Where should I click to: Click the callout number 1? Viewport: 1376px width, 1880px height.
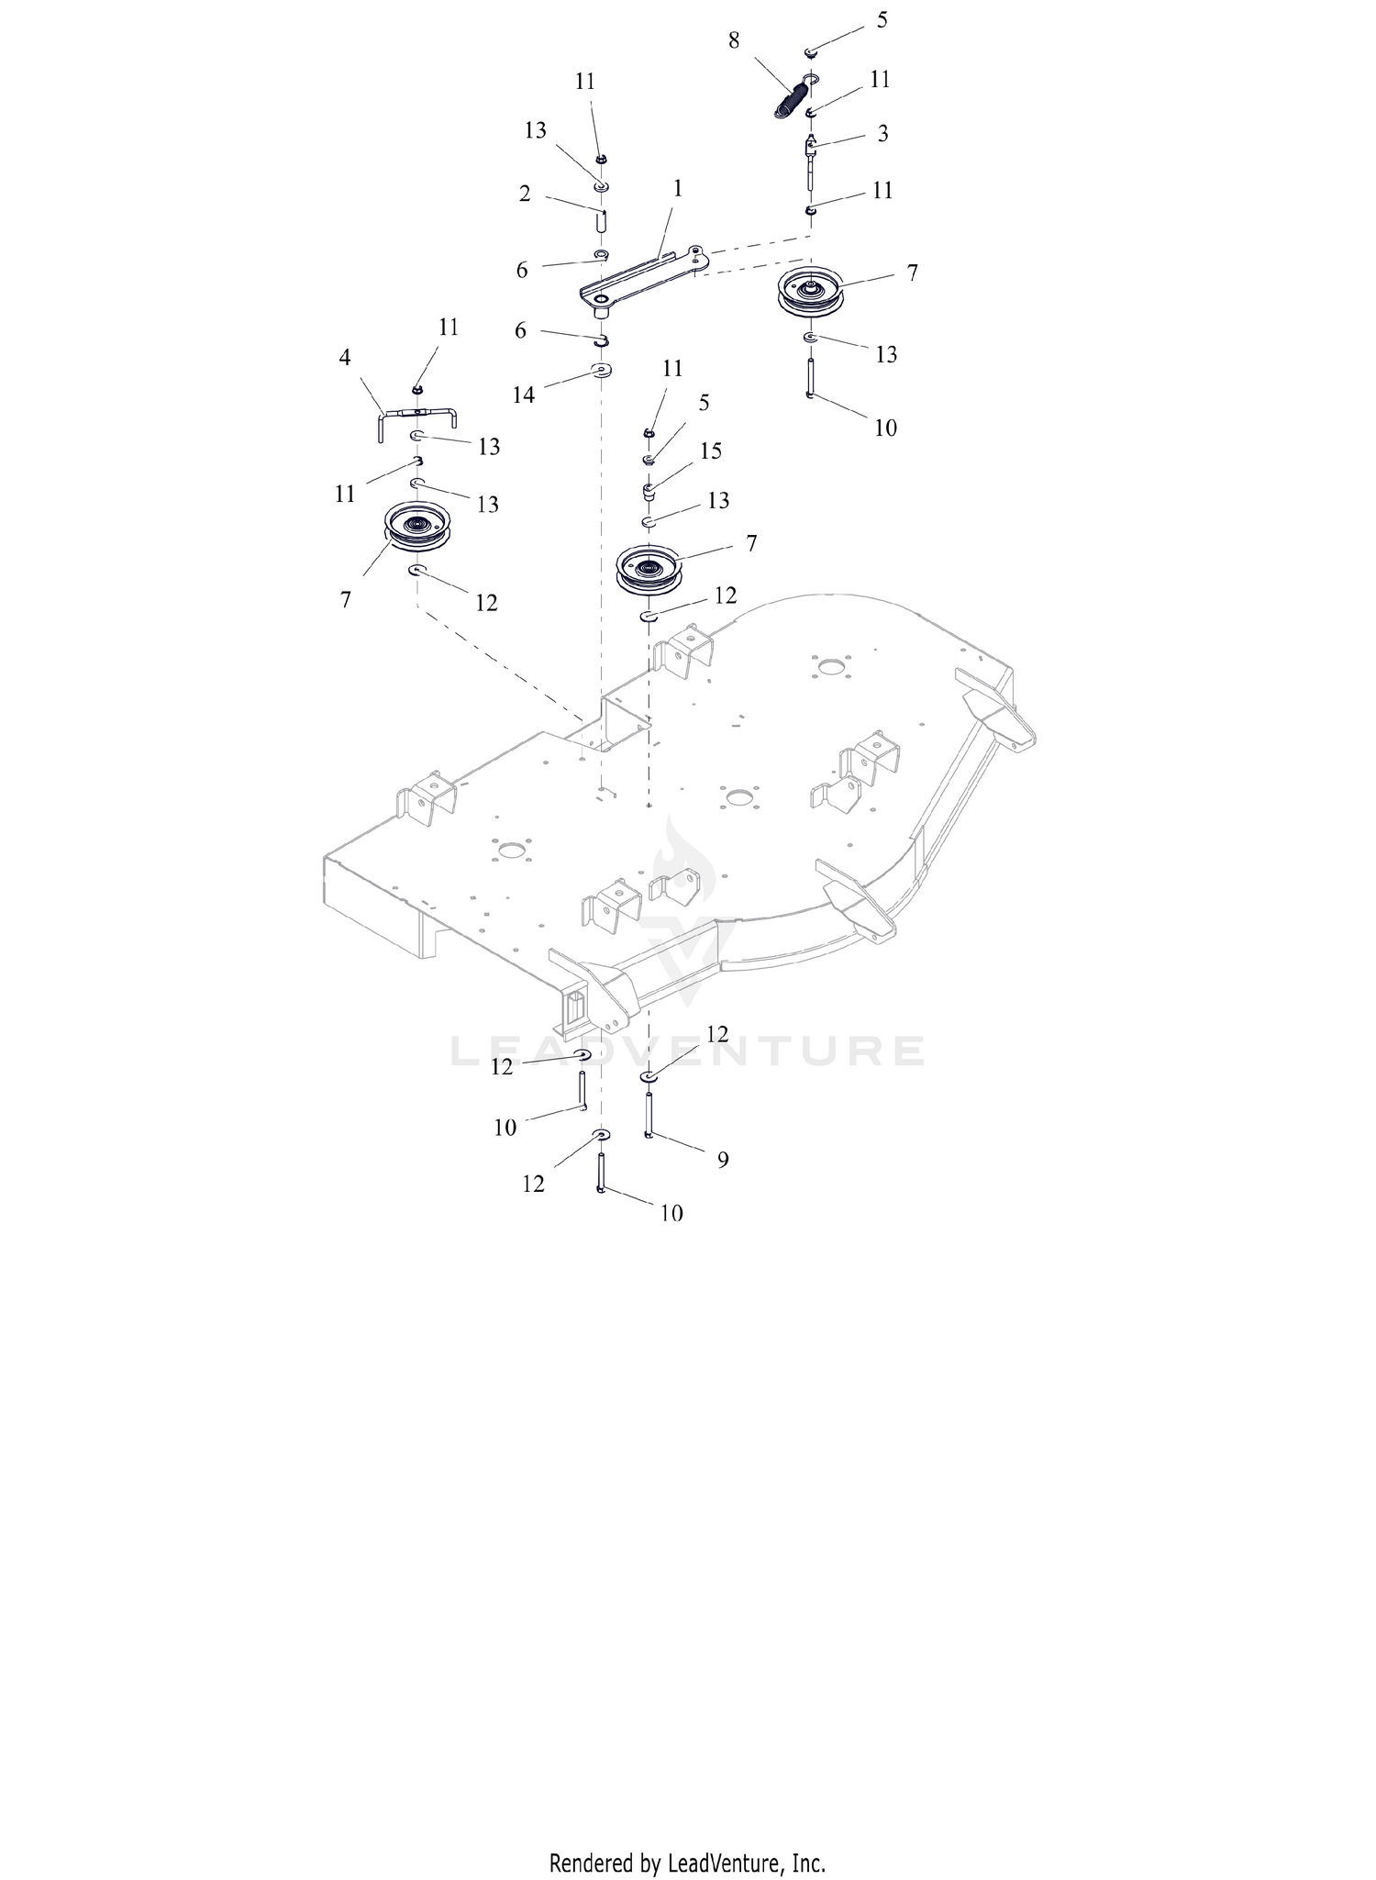click(678, 188)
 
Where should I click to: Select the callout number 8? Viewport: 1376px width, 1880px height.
click(735, 40)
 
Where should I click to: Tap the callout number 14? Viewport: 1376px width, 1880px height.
click(524, 395)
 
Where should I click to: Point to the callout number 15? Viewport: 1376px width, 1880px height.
click(711, 451)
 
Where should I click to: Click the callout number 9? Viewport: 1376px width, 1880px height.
click(723, 1160)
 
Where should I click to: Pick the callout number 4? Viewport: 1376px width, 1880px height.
click(345, 357)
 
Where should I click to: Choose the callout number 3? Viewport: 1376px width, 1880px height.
click(882, 133)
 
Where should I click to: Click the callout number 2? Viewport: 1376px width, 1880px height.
click(525, 194)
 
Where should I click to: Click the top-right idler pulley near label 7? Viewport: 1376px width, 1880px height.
click(809, 292)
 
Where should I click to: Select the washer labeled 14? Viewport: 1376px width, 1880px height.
click(602, 371)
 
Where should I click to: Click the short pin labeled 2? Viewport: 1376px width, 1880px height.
click(602, 221)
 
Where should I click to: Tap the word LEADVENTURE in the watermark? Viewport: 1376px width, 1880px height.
click(688, 1051)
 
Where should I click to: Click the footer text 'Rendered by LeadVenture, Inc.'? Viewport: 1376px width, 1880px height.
click(687, 1863)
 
